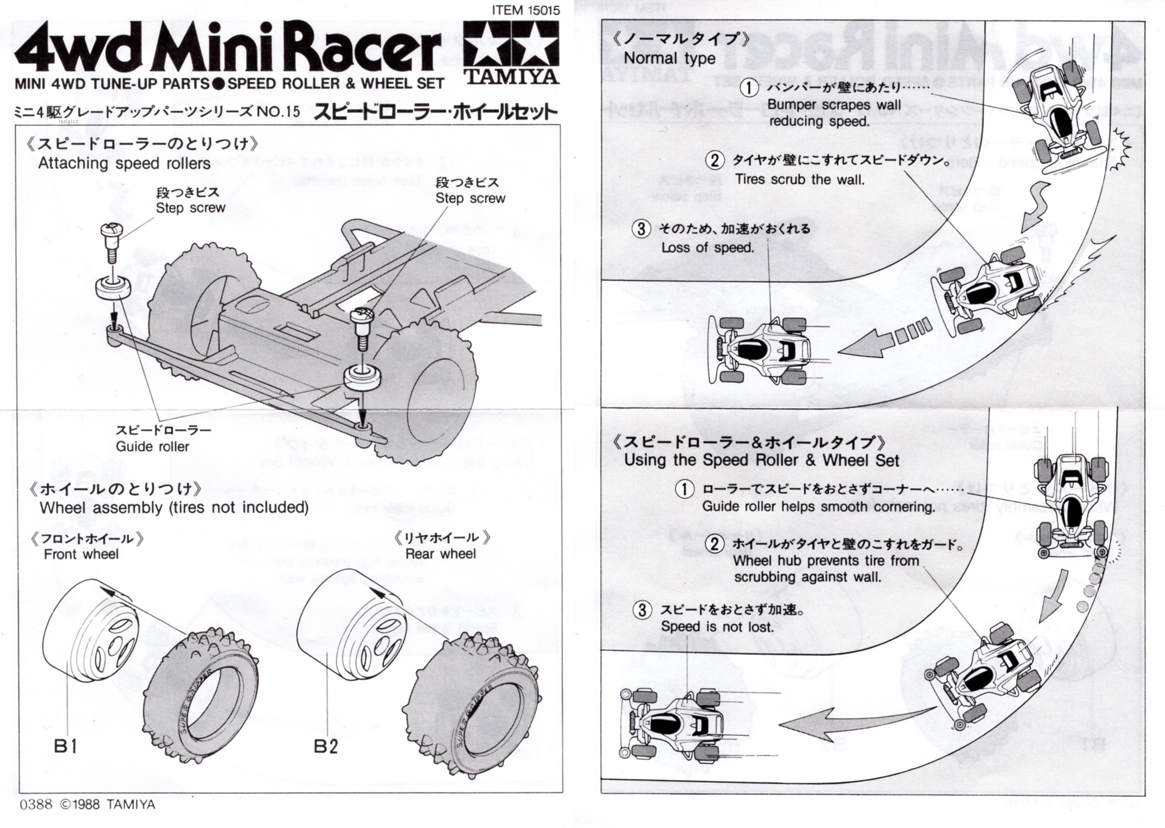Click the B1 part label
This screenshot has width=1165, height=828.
pos(65,746)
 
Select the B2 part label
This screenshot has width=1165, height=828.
pos(326,746)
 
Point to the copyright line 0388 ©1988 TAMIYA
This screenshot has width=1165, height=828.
pos(87,804)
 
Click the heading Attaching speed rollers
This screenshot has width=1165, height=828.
pos(124,163)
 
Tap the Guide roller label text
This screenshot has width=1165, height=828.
pos(152,446)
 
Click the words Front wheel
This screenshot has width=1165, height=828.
pos(81,554)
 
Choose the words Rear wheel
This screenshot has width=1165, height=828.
pos(440,554)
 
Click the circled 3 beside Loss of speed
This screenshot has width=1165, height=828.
pos(641,229)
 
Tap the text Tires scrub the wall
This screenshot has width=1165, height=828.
pos(800,180)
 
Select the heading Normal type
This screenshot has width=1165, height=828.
pos(669,58)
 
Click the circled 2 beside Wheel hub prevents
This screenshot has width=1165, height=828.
pos(714,544)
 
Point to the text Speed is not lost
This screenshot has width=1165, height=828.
pos(717,626)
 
